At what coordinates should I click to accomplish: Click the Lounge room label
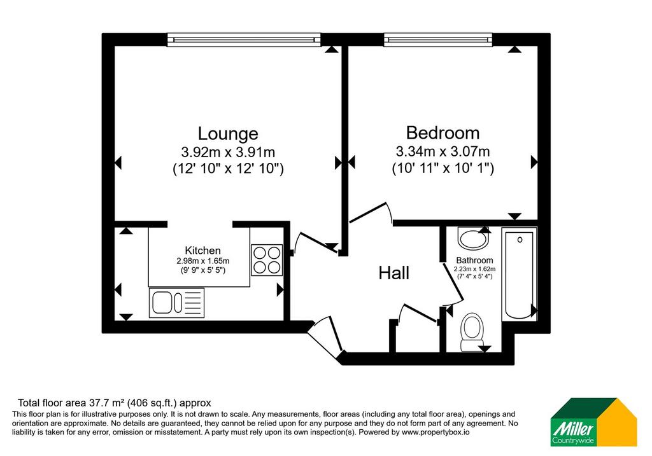click(228, 134)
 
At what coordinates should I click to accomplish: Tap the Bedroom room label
click(443, 133)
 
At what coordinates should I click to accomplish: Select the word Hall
click(393, 273)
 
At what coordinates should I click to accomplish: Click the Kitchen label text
click(202, 251)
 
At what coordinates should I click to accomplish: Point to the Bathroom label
click(474, 260)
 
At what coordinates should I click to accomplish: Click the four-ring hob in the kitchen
click(267, 260)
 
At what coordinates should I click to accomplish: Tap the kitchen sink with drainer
click(177, 303)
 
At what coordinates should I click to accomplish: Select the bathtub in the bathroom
click(519, 274)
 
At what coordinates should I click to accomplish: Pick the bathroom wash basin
click(474, 237)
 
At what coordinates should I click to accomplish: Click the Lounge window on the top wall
click(244, 40)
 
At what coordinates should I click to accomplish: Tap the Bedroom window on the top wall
click(438, 40)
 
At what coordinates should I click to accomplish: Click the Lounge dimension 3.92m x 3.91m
click(228, 152)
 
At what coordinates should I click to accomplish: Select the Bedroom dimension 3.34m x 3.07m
click(443, 151)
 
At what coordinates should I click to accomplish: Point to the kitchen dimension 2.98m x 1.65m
click(202, 261)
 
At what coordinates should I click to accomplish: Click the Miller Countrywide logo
click(594, 422)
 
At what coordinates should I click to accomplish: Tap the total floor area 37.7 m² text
click(115, 403)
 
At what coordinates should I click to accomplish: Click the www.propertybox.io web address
click(436, 432)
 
